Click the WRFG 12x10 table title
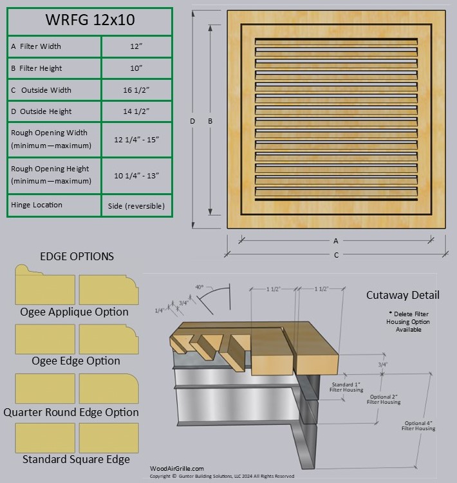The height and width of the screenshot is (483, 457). [90, 20]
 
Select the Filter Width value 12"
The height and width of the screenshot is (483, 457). [136, 46]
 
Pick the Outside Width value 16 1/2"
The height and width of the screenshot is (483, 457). [136, 90]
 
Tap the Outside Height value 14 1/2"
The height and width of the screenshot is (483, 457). [136, 111]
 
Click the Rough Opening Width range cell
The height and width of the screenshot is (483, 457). [136, 140]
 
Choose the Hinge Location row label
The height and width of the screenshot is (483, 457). [37, 205]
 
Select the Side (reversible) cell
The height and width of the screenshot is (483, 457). [136, 205]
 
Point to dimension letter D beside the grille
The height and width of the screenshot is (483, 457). [192, 121]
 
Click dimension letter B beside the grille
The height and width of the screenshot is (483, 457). [210, 121]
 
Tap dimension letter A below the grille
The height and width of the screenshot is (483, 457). [336, 241]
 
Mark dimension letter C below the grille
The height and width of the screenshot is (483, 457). [336, 255]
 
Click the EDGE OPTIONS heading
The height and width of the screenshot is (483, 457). [77, 256]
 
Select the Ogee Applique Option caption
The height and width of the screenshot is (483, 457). [74, 312]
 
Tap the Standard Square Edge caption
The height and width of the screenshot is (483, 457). [76, 459]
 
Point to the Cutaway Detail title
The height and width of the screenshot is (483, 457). [403, 296]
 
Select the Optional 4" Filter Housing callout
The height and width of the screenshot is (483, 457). [418, 426]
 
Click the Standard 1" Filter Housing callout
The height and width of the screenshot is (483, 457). [346, 388]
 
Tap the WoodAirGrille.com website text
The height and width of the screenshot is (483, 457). [177, 469]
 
